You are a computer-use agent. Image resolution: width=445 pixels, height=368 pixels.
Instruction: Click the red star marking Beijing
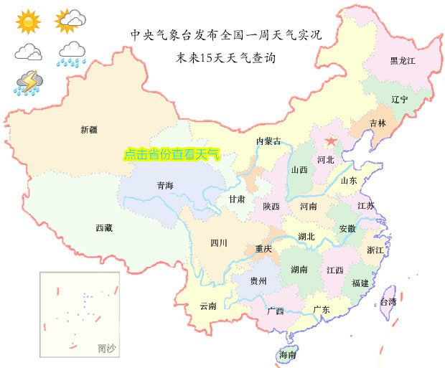pyautogui.click(x=331, y=141)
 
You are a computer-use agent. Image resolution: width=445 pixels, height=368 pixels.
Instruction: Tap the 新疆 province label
pyautogui.click(x=89, y=130)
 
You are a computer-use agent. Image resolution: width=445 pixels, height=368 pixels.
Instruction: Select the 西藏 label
pyautogui.click(x=103, y=228)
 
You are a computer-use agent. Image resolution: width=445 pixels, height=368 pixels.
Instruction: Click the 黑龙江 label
pyautogui.click(x=402, y=61)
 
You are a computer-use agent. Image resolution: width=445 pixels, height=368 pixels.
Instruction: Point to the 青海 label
pyautogui.click(x=165, y=186)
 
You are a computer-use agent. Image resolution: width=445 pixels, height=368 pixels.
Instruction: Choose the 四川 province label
pyautogui.click(x=219, y=243)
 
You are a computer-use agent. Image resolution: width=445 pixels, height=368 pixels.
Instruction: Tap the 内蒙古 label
pyautogui.click(x=269, y=141)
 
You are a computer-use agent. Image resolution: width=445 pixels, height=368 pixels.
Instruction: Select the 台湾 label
pyautogui.click(x=388, y=302)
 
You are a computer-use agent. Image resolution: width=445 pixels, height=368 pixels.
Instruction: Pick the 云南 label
pyautogui.click(x=208, y=306)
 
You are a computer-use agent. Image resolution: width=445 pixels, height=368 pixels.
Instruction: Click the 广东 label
pyautogui.click(x=321, y=310)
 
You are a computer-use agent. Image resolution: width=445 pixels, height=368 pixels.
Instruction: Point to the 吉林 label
pyautogui.click(x=378, y=123)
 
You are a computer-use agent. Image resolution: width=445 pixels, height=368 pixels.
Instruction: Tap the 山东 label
pyautogui.click(x=349, y=181)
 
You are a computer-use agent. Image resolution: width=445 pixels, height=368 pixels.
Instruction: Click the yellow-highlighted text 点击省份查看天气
pyautogui.click(x=172, y=154)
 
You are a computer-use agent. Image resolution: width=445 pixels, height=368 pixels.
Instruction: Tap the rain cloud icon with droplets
pyautogui.click(x=72, y=53)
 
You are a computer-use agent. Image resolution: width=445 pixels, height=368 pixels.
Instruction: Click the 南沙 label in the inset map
pyautogui.click(x=106, y=349)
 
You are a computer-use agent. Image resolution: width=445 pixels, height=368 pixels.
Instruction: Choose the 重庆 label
pyautogui.click(x=263, y=249)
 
